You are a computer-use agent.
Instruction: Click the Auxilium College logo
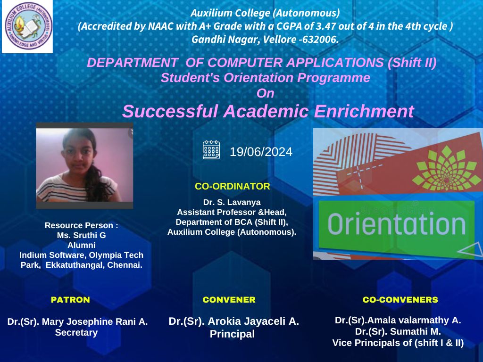pyautogui.click(x=28, y=26)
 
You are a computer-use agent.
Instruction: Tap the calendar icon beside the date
pyautogui.click(x=211, y=150)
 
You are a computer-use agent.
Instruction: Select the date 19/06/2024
pyautogui.click(x=261, y=152)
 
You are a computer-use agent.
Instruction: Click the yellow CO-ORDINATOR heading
pyautogui.click(x=232, y=186)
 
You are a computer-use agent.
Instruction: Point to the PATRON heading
pyautogui.click(x=70, y=299)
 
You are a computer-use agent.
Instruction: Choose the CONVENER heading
pyautogui.click(x=229, y=299)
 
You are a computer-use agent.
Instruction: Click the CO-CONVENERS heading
pyautogui.click(x=400, y=299)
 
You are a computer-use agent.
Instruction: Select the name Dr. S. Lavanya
pyautogui.click(x=232, y=202)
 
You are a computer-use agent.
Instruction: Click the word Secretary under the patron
pyautogui.click(x=76, y=333)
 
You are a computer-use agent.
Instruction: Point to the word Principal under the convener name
pyautogui.click(x=232, y=334)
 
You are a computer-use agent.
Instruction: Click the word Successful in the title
pyautogui.click(x=170, y=111)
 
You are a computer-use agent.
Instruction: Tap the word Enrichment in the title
pyautogui.click(x=364, y=111)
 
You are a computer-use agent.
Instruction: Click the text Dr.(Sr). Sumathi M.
pyautogui.click(x=398, y=331)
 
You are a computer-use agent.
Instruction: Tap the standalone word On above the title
pyautogui.click(x=265, y=93)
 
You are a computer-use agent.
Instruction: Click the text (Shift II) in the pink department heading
pyautogui.click(x=412, y=63)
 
